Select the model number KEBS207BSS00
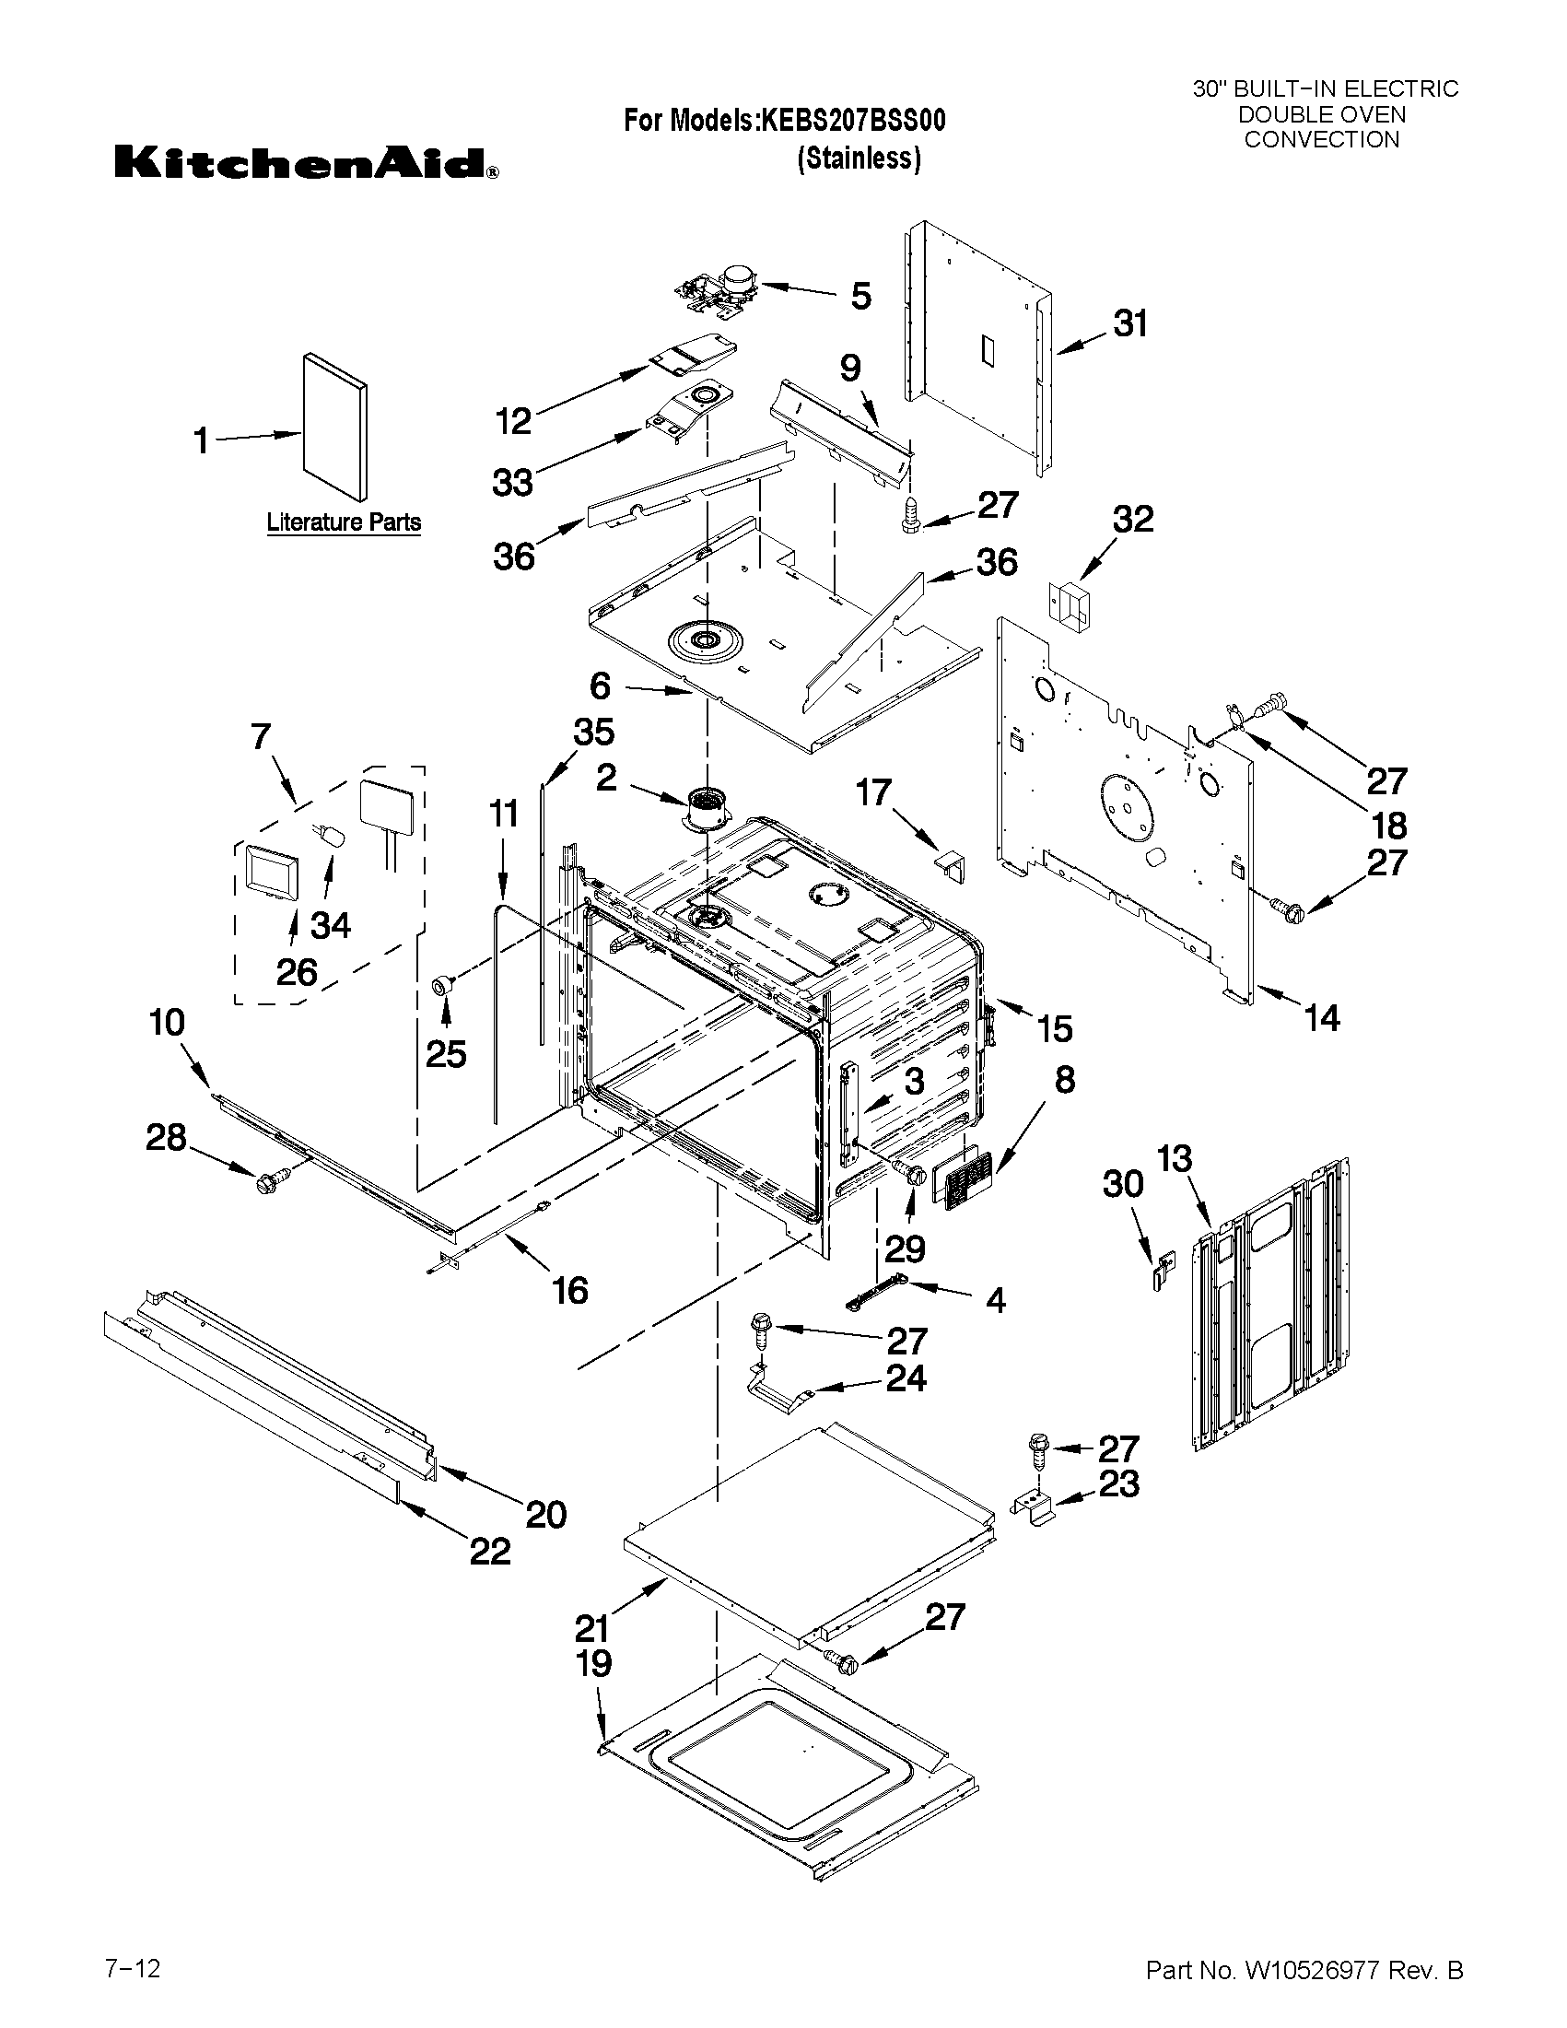click(853, 122)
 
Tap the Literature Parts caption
click(344, 522)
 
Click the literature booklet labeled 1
click(334, 428)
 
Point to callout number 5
click(860, 297)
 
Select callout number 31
click(1129, 324)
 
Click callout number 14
click(1322, 1019)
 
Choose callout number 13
click(1174, 1160)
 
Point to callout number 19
click(594, 1663)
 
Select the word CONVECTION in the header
click(1321, 140)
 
